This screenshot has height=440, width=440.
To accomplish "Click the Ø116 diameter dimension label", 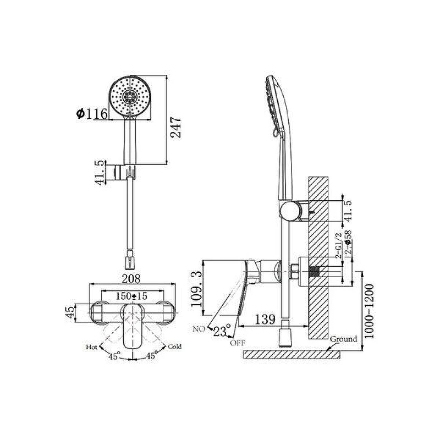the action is [x=92, y=113].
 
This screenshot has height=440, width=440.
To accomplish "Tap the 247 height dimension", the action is [x=176, y=128].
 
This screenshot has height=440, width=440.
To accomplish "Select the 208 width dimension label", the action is [x=131, y=279].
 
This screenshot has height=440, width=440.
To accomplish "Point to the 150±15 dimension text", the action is [x=131, y=296].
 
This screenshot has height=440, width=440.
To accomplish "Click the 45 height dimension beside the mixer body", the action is [x=70, y=312].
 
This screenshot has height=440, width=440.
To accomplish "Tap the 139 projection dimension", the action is [x=265, y=320].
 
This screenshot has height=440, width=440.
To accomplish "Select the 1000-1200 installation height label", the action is [x=369, y=311].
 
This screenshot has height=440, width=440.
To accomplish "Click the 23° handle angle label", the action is [x=222, y=331].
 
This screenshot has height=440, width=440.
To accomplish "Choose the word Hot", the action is [x=91, y=347].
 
